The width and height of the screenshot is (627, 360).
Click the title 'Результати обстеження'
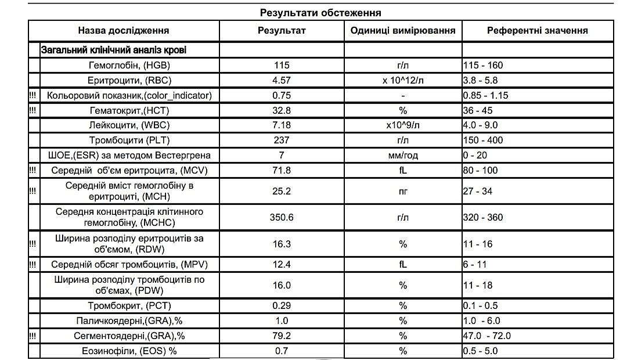(x=320, y=12)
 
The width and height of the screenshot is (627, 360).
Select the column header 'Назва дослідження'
(x=124, y=31)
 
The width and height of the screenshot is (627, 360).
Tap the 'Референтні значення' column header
(x=537, y=31)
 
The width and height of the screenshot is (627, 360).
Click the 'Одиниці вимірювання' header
(x=403, y=31)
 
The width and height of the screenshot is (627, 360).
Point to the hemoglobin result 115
(x=282, y=65)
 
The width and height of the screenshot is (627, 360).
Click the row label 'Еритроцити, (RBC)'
(x=130, y=80)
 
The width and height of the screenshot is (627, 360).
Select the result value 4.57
(x=282, y=80)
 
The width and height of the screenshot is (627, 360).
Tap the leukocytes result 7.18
(x=282, y=125)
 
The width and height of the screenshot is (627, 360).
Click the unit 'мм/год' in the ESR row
(x=403, y=155)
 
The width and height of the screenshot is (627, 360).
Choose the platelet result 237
(x=282, y=140)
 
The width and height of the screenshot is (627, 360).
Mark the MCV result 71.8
(x=282, y=170)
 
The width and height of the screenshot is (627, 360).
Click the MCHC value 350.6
(x=282, y=217)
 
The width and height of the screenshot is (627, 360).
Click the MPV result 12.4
(x=282, y=264)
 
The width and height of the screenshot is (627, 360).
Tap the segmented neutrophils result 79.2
(x=282, y=336)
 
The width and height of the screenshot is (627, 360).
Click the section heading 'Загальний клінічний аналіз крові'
(x=114, y=50)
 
